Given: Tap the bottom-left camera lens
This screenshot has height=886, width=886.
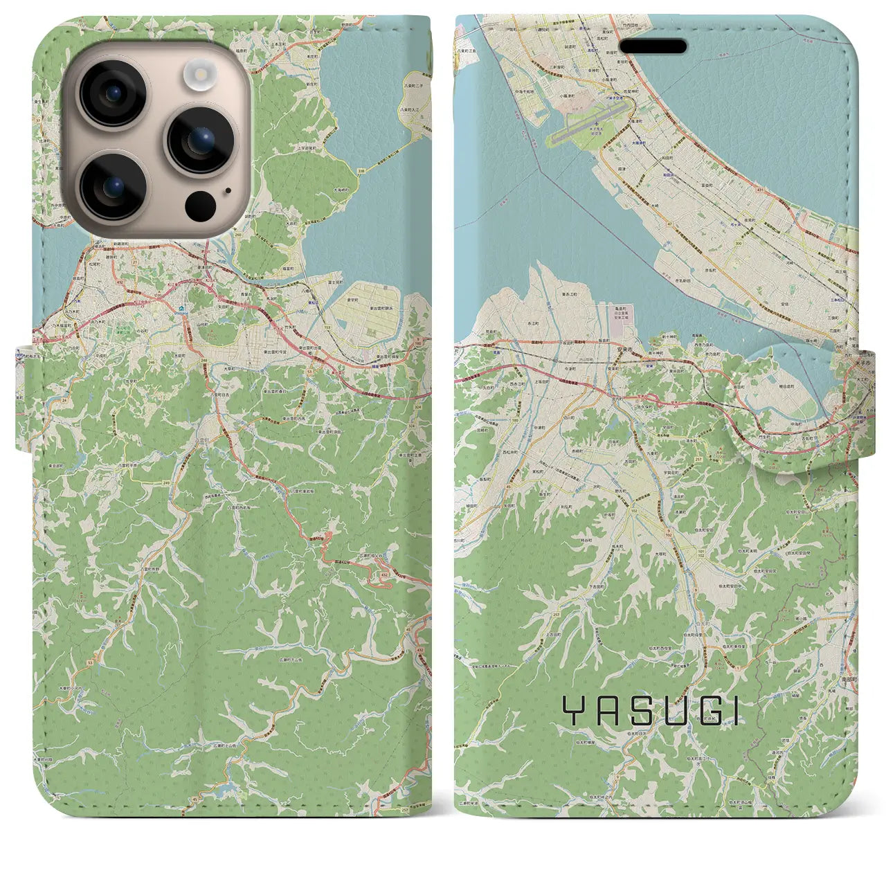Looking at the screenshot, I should [x=113, y=186].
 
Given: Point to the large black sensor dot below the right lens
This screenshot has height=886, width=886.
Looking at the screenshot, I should [x=201, y=204].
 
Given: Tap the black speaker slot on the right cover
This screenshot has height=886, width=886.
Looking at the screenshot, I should [x=653, y=46].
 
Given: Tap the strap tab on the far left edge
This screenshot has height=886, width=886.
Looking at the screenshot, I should [x=24, y=398].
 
